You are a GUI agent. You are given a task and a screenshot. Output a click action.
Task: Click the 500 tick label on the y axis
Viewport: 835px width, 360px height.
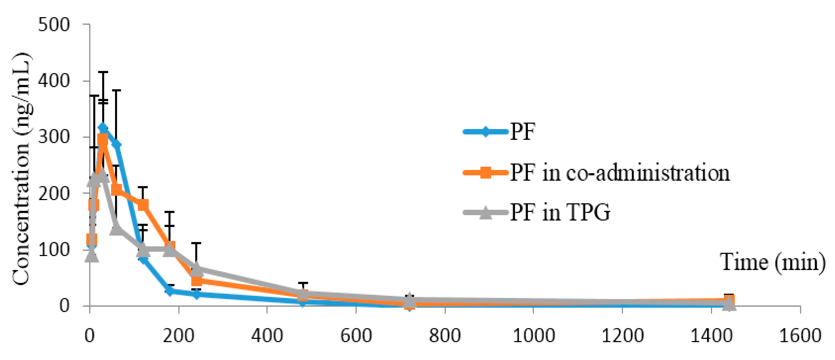coord(54,25)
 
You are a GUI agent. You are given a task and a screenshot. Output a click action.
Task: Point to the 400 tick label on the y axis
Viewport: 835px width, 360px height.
coord(54,81)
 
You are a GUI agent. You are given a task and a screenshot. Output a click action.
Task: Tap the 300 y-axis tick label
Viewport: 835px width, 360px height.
coord(54,137)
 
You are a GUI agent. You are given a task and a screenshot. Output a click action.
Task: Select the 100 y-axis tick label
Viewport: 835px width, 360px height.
coord(54,250)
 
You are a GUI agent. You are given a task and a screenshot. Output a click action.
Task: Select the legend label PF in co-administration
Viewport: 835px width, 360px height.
coord(620,173)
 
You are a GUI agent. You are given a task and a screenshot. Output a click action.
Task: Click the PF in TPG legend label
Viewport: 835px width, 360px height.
coord(560,213)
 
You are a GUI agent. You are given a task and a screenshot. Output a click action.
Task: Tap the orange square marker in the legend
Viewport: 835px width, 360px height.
coord(486,173)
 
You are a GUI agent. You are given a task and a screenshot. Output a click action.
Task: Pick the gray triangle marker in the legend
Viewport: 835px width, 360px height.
coord(486,213)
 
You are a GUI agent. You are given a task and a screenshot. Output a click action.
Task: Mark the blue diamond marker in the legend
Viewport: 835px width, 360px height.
coord(486,132)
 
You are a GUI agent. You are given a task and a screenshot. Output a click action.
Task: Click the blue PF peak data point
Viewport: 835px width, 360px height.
coord(103,128)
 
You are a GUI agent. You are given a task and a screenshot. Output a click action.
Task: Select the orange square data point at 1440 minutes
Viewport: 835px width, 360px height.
coord(729,300)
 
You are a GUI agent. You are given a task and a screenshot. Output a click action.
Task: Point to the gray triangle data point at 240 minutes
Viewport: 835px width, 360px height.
coord(196,269)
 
